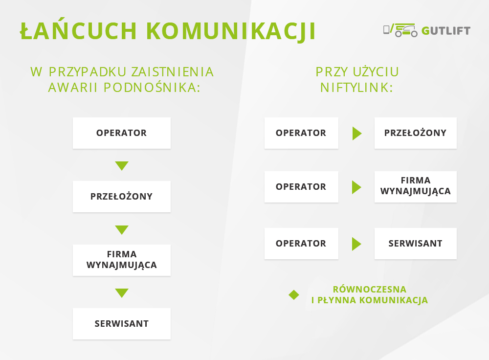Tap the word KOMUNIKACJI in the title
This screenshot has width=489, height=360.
pos(231,31)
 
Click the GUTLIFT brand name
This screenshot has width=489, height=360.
pos(446,31)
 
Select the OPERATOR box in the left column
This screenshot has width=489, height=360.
pos(122,133)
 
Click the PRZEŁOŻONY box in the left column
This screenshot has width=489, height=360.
pos(122,197)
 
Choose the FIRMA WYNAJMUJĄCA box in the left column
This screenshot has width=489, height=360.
pos(122,260)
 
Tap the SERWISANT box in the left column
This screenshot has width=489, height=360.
pos(122,324)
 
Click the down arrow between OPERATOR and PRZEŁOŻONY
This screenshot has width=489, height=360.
pos(122,165)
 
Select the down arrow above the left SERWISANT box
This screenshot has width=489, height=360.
pos(122,292)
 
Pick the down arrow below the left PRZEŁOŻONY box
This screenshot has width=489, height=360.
pos(122,229)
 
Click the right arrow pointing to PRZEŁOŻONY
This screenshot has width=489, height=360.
pos(357,133)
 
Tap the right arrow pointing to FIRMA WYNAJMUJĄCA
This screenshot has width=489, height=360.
pos(356,187)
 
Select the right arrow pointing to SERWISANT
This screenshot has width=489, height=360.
pos(356,244)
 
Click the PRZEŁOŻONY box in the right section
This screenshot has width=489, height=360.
pos(415,133)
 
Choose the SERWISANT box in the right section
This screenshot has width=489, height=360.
pos(415,243)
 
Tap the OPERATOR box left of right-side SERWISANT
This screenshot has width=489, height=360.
pos(301,243)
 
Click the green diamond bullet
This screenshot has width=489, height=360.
pos(294,295)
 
